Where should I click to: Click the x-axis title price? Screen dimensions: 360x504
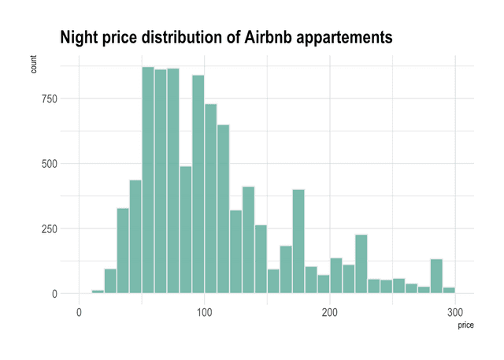click(x=465, y=324)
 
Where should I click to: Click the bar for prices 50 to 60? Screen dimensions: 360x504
click(x=148, y=181)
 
